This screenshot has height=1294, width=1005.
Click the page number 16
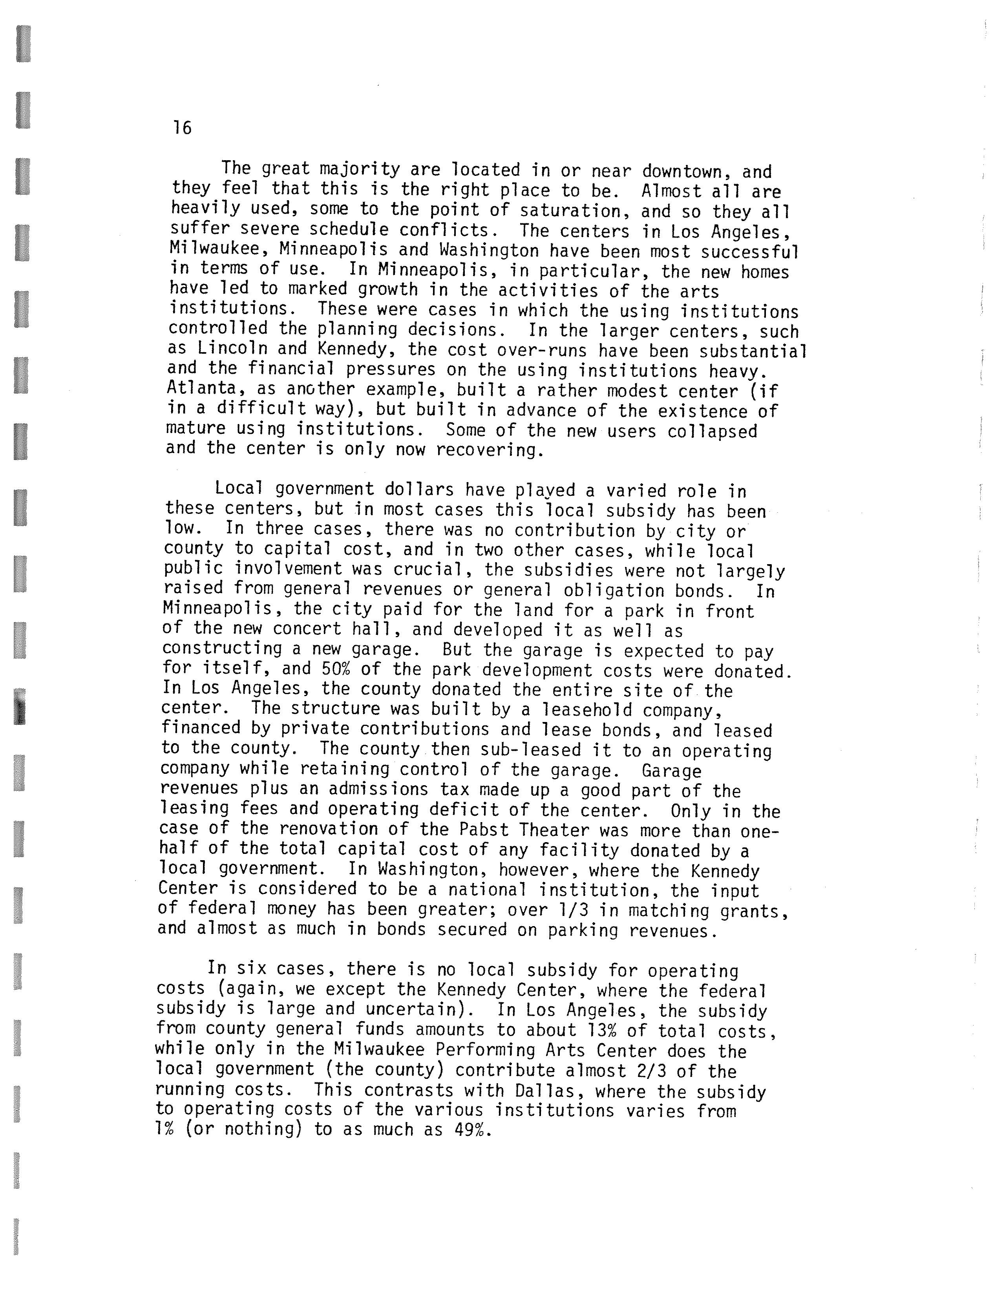coord(183,127)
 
